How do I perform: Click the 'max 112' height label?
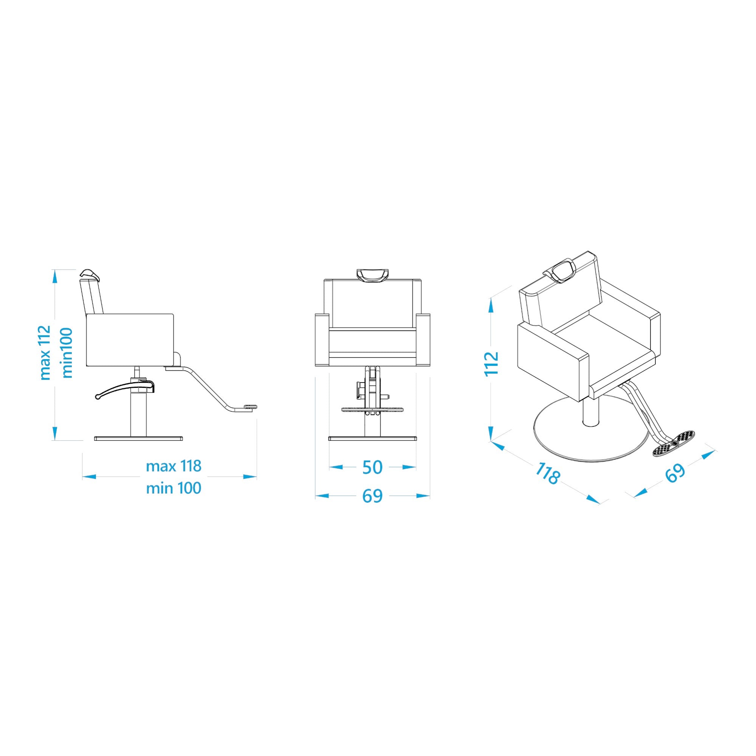click(45, 353)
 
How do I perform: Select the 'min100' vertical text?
click(67, 353)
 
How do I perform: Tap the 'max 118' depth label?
click(174, 466)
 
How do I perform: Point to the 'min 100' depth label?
click(174, 488)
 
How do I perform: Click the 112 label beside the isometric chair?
click(492, 364)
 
